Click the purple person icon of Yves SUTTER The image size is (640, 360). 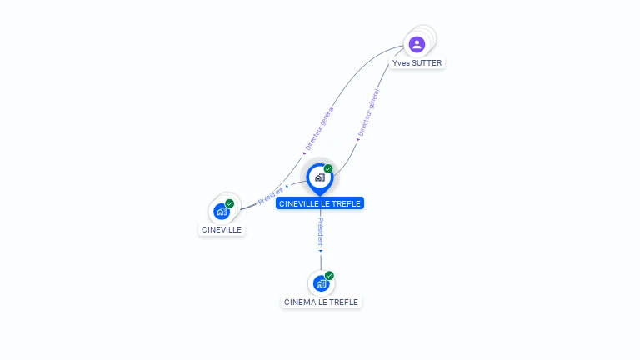tap(417, 44)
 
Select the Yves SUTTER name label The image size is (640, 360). tap(417, 63)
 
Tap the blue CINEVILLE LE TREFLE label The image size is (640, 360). tap(320, 203)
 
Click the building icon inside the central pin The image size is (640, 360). tap(319, 177)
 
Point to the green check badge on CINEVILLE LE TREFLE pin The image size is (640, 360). tap(328, 169)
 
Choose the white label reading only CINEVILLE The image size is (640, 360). tap(222, 229)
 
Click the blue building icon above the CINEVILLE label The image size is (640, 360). tap(221, 212)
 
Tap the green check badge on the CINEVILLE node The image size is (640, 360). tap(230, 203)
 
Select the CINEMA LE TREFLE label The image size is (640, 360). tap(321, 302)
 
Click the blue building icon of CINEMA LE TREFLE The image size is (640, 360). tap(321, 283)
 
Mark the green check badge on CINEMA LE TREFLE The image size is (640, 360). tap(329, 275)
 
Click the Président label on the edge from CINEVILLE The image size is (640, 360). tap(271, 196)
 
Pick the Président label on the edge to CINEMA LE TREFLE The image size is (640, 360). tap(321, 231)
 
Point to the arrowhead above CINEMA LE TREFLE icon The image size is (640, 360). tap(321, 250)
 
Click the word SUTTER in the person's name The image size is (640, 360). tap(427, 63)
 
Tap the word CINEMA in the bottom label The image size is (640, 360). tap(300, 302)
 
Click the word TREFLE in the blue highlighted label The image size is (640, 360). tap(347, 203)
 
